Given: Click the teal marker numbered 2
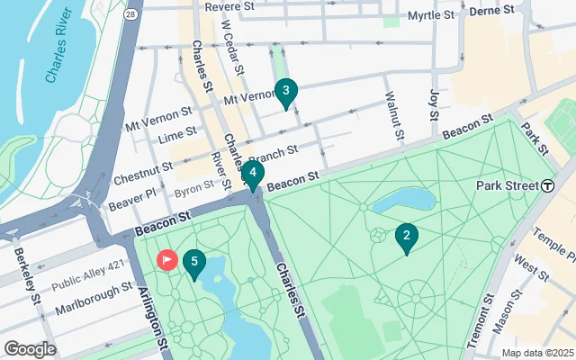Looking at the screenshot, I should (x=407, y=238).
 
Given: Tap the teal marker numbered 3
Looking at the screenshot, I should (x=285, y=91).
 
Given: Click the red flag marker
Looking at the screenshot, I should (x=167, y=260).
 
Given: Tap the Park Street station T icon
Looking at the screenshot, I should (x=547, y=185).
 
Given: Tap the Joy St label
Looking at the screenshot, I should (x=433, y=103).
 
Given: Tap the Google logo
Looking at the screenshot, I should (x=30, y=348).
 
